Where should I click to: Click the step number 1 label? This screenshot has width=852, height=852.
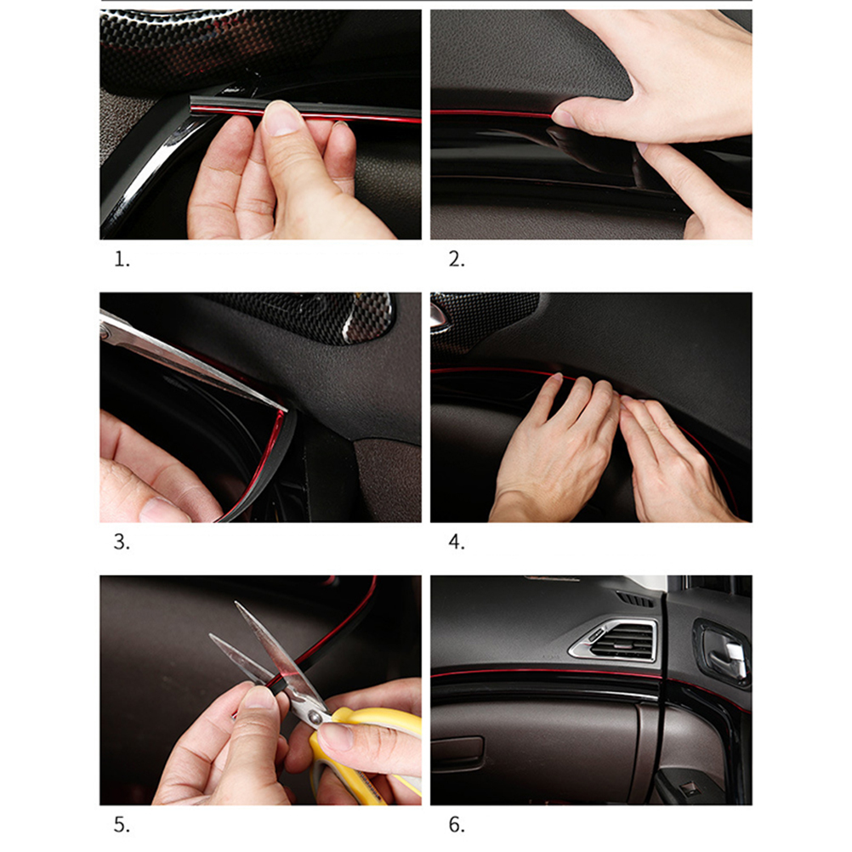122,259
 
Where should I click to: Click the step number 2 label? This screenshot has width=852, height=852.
457,259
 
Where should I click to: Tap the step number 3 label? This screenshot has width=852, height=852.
122,542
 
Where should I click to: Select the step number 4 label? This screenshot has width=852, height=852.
457,542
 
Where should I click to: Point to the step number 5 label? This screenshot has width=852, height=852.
122,825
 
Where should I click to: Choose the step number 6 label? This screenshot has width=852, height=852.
457,825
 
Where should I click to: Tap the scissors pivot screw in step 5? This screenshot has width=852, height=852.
315,719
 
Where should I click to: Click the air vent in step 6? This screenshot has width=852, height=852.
614,640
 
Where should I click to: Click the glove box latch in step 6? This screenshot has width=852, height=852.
457,753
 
